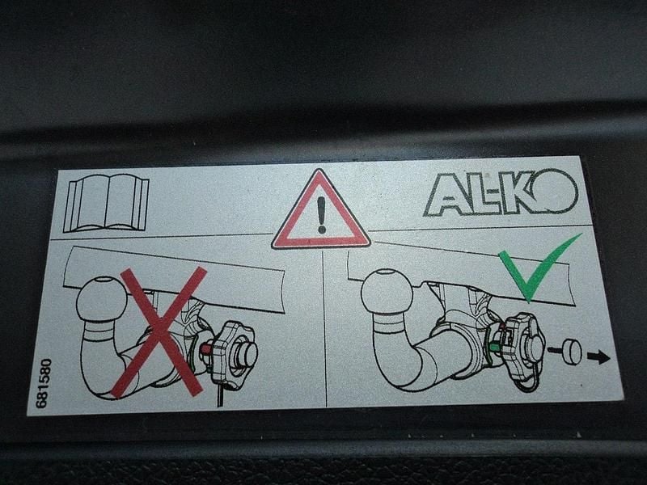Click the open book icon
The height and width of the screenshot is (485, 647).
pos(106,203)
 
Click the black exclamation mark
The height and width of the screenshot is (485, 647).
pos(321,214)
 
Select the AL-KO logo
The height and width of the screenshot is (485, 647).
pos(501,193)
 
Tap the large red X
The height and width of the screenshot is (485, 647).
pos(159,332)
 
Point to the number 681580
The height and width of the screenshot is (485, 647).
pos(44,383)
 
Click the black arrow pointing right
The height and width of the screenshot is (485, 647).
pos(598,357)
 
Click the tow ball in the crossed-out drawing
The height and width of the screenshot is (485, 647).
pos(102,297)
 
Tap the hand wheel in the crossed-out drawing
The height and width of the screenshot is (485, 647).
pos(233,356)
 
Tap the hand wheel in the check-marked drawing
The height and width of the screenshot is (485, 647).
pos(522,351)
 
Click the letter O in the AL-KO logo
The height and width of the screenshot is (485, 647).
pos(556,190)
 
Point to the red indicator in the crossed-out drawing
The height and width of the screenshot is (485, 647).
pos(206,350)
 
